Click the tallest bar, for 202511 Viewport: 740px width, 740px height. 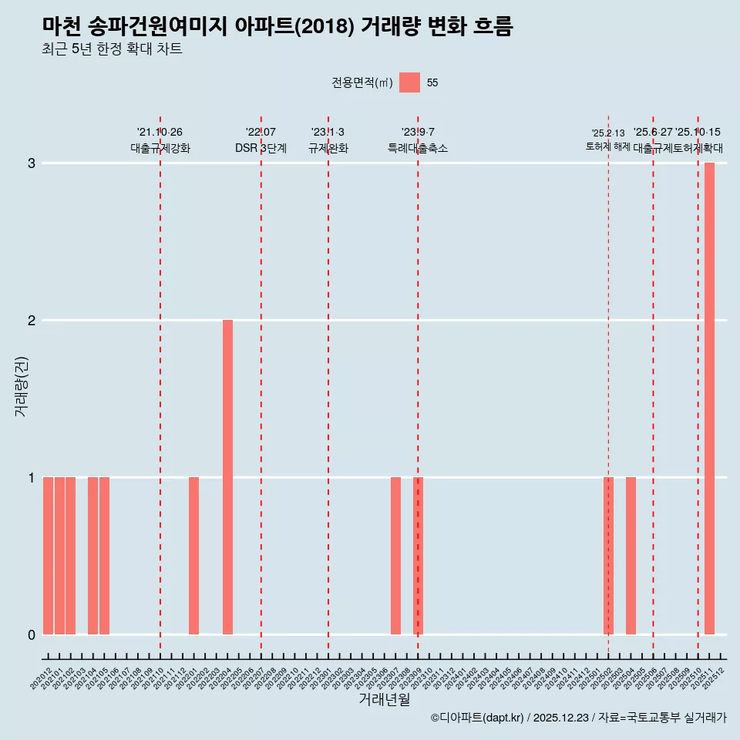tap(709, 399)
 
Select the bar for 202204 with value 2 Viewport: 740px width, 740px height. tap(227, 477)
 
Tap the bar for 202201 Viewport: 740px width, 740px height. tap(193, 556)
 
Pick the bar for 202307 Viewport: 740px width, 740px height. tap(395, 556)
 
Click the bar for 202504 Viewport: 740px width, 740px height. tap(631, 556)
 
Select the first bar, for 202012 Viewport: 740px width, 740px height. tap(48, 556)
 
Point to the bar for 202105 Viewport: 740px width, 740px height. tap(104, 556)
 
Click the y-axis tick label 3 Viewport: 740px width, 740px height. tap(32, 163)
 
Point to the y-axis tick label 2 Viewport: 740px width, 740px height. tap(32, 321)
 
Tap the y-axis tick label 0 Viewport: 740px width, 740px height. tap(32, 635)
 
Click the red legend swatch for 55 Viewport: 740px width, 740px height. tap(409, 82)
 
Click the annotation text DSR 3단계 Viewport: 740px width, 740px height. tap(261, 148)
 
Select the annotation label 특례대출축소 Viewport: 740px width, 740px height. tap(417, 148)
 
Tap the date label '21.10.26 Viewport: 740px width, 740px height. tap(160, 133)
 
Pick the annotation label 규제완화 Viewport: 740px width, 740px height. tap(328, 148)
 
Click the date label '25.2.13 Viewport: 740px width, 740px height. tap(608, 133)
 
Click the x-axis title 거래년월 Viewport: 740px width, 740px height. tap(384, 699)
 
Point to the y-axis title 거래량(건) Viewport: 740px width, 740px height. tap(22, 385)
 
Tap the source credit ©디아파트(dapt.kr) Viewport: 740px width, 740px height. tap(477, 718)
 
